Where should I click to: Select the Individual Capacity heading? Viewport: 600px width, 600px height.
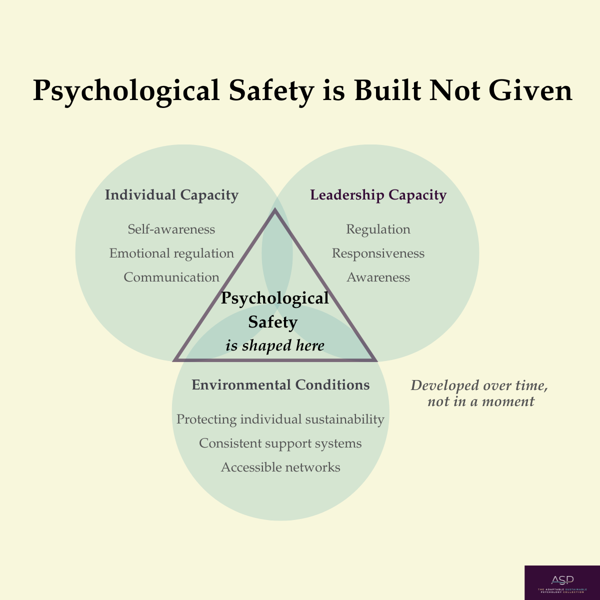click(171, 195)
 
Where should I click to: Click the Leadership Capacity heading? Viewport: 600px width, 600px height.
click(378, 195)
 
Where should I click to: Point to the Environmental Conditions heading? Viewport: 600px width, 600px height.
click(280, 385)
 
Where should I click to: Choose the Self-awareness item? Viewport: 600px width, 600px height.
click(171, 229)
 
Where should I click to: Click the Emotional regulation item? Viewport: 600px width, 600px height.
click(171, 253)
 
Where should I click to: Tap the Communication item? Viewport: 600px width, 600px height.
click(171, 277)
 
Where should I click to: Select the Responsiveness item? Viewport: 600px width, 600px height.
click(378, 253)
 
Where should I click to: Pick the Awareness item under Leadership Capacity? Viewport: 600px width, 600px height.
click(378, 277)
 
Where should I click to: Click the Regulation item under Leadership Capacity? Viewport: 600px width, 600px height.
click(378, 229)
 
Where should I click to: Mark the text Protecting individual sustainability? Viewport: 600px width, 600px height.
click(280, 419)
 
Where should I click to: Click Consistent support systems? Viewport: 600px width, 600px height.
click(280, 443)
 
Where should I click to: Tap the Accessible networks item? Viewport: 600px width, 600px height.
click(280, 467)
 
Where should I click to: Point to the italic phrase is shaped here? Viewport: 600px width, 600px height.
click(274, 345)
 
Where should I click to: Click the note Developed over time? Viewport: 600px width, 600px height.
click(479, 385)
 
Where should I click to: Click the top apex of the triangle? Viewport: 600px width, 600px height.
click(274, 211)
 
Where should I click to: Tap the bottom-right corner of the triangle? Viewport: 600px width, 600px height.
click(373, 359)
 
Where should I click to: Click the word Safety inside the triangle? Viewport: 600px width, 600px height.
click(273, 322)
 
